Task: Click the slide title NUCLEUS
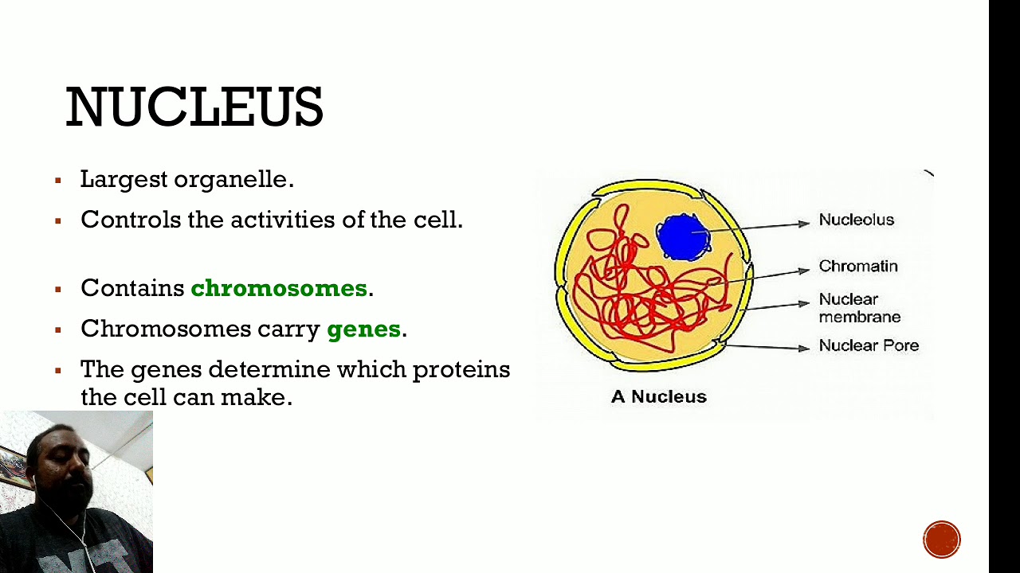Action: click(194, 107)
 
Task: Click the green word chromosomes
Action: click(279, 288)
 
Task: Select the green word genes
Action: click(363, 329)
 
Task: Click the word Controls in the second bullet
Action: click(131, 220)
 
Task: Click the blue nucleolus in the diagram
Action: click(683, 236)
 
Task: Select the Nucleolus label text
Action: click(857, 220)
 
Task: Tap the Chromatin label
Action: click(858, 267)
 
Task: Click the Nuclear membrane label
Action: click(859, 308)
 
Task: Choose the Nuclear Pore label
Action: click(869, 346)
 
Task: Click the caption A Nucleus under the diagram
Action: click(658, 396)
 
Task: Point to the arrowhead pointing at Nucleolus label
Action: click(804, 224)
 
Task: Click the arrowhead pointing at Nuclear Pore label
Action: click(804, 348)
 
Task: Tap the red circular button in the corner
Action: click(942, 540)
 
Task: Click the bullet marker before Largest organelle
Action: click(58, 181)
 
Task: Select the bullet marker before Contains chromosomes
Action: click(58, 289)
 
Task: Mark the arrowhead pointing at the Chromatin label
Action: click(804, 271)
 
